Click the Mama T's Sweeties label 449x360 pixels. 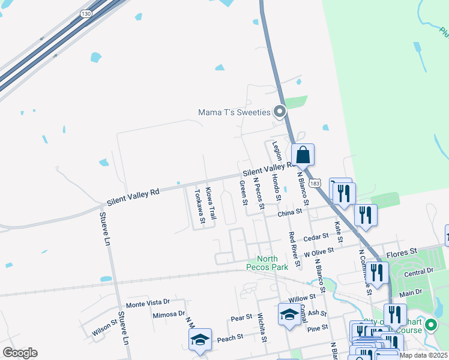(235, 112)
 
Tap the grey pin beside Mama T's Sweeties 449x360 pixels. (279, 111)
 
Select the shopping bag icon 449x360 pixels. (303, 155)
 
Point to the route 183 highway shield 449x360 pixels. (314, 182)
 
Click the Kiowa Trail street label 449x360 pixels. (211, 203)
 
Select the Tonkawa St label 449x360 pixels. (199, 208)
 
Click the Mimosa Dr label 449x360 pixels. (169, 314)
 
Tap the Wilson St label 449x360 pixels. (104, 328)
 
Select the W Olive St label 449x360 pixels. (318, 253)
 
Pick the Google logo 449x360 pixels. (20, 353)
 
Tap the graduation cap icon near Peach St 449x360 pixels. (200, 339)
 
